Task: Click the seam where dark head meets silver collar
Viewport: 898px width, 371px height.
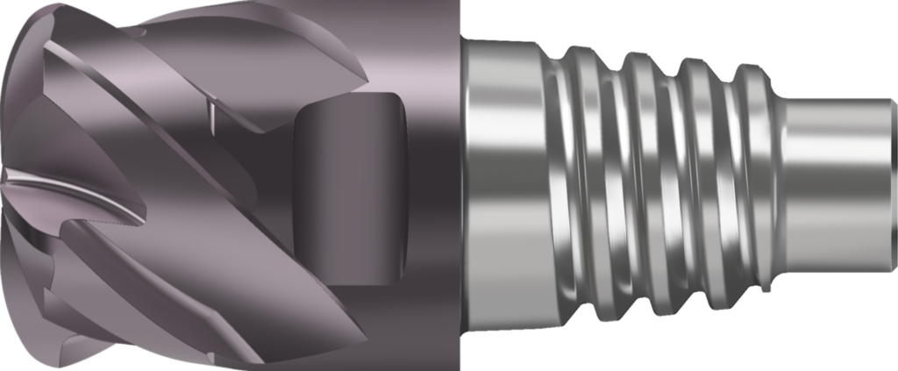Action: click(461, 185)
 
